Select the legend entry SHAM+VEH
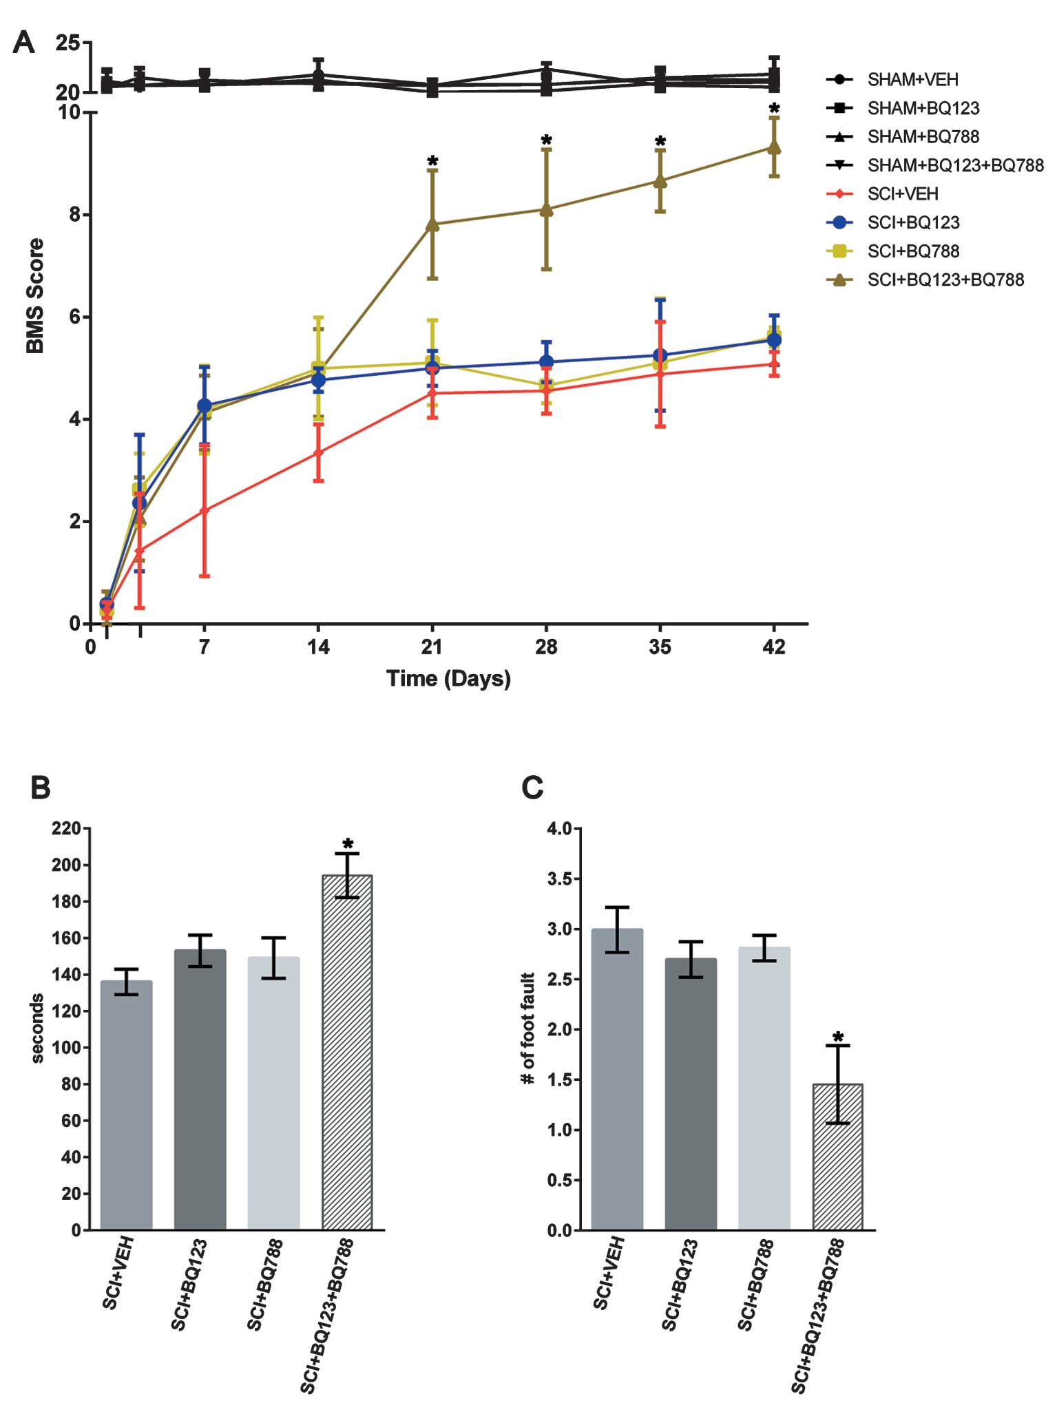[x=912, y=79]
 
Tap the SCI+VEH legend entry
[x=902, y=193]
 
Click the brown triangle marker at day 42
[x=774, y=147]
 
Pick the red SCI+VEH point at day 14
[x=318, y=452]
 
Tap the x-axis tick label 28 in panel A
[x=546, y=647]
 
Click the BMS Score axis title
[x=34, y=296]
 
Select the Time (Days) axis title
[x=448, y=679]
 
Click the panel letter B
[x=41, y=788]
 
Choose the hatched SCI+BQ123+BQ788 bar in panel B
[x=347, y=1053]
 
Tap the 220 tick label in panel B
[x=66, y=829]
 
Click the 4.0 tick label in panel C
[x=560, y=829]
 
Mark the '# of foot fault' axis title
[x=527, y=1028]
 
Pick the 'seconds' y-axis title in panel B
[x=37, y=1028]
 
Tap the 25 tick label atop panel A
[x=67, y=43]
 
